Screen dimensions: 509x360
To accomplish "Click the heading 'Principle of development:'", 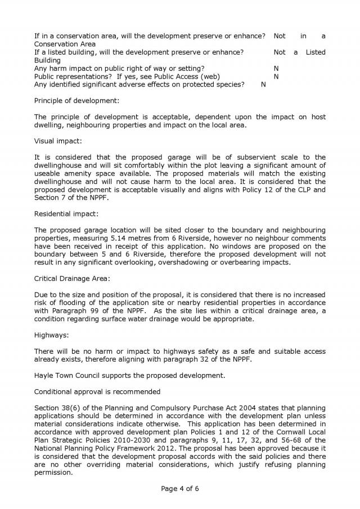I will pos(76,101).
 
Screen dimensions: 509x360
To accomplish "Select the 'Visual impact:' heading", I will pos(58,141).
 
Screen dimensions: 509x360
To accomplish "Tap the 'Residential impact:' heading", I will pos(66,214).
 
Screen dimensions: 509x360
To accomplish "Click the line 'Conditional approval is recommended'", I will pos(97,391).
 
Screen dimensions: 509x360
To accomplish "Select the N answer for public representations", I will pos(276,76).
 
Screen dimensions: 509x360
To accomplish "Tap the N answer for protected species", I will pos(263,84).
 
